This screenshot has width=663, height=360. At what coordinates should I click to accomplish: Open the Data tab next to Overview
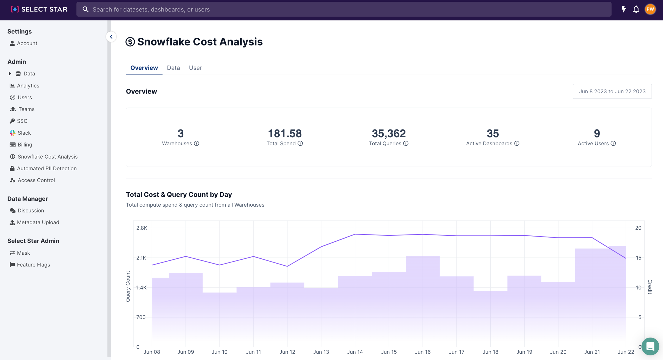pos(173,68)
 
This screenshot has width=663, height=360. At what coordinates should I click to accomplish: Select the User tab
pos(195,68)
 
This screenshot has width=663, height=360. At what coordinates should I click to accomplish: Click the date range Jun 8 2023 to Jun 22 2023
pos(612,92)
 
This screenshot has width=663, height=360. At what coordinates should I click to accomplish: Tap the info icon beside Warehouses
pos(197,144)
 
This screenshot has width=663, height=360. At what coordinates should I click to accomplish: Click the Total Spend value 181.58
pos(285,134)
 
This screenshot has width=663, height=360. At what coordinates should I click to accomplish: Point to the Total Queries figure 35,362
pos(388,134)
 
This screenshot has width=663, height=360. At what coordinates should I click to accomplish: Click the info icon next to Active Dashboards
pos(517,144)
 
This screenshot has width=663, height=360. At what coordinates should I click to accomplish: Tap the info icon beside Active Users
pos(613,144)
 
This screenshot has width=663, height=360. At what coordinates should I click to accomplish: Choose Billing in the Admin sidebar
pos(25,145)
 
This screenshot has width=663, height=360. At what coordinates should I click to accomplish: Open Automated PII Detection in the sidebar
pos(47,169)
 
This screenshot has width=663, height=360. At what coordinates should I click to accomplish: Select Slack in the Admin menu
pos(24,133)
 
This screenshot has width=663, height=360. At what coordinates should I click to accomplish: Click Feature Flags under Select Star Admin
pos(33,265)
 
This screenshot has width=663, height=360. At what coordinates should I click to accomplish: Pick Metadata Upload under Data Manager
pos(38,222)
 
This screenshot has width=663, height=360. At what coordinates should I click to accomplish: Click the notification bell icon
pos(636,9)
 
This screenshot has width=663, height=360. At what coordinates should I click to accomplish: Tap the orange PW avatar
pos(650,9)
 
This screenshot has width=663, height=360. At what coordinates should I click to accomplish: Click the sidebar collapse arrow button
pos(111,37)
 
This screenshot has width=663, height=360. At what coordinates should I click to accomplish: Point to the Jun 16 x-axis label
pos(422,352)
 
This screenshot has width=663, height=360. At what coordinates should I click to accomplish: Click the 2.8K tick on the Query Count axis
pos(142,228)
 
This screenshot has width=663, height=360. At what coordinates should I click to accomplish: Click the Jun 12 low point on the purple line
pos(287,266)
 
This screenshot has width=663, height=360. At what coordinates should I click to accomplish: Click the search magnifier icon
pos(85,9)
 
